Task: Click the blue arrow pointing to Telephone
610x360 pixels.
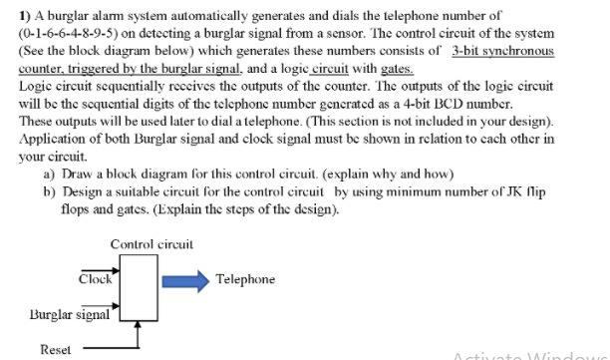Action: click(181, 279)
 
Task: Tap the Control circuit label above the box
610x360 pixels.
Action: click(152, 243)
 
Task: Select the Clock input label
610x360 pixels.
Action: click(96, 279)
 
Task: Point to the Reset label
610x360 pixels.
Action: click(55, 350)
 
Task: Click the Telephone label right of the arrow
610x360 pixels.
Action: click(245, 279)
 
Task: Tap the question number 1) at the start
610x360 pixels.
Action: click(26, 16)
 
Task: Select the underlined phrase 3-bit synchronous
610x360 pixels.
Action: click(502, 50)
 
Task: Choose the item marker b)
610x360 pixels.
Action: click(51, 191)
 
